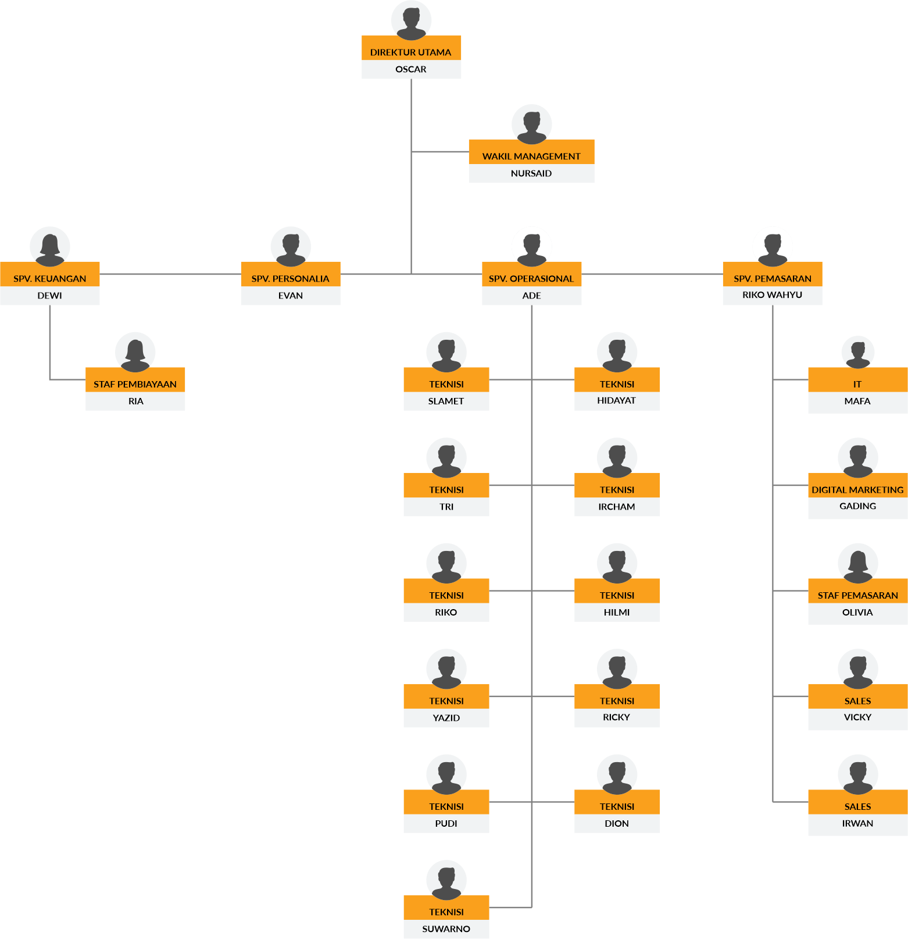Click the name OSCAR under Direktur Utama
pyautogui.click(x=411, y=69)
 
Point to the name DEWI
pyautogui.click(x=50, y=296)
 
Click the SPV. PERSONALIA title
pyautogui.click(x=291, y=278)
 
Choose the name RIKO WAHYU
pyautogui.click(x=772, y=295)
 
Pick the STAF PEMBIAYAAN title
pyautogui.click(x=135, y=384)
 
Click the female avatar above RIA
pyautogui.click(x=135, y=352)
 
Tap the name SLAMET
pyautogui.click(x=446, y=401)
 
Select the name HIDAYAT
pyautogui.click(x=617, y=400)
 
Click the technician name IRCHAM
pyautogui.click(x=617, y=507)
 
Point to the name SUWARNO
pyautogui.click(x=446, y=929)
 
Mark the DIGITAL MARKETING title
pyautogui.click(x=857, y=489)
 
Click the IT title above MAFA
pyautogui.click(x=857, y=384)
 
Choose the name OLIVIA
pyautogui.click(x=857, y=612)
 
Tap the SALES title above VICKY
pyautogui.click(x=857, y=700)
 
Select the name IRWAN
pyautogui.click(x=857, y=823)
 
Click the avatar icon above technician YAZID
pyautogui.click(x=446, y=668)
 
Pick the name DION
pyautogui.click(x=617, y=823)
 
